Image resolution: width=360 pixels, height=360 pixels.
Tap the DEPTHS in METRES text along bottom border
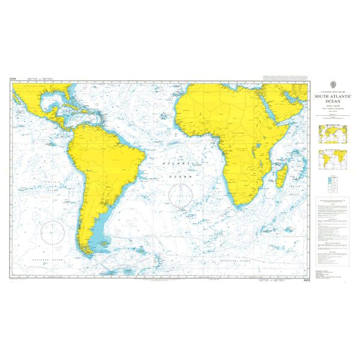point(272,280)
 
